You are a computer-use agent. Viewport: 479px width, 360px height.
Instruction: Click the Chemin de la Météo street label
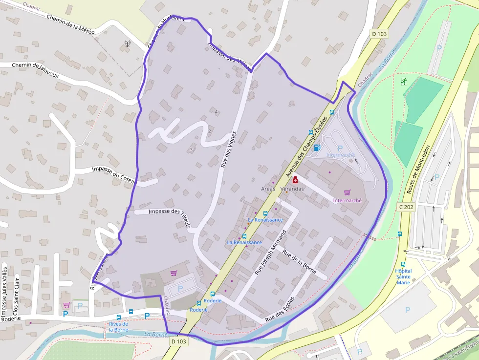pyautogui.click(x=70, y=24)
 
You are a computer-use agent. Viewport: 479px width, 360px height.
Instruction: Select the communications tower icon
pyautogui.click(x=128, y=44)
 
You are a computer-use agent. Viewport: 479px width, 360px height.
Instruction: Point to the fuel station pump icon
pyautogui.click(x=317, y=148)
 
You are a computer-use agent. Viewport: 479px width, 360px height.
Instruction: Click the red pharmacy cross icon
pyautogui.click(x=295, y=181)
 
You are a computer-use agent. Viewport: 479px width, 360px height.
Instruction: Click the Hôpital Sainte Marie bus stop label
pyautogui.click(x=403, y=276)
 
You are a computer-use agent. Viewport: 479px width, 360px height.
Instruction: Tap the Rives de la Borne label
pyautogui.click(x=118, y=326)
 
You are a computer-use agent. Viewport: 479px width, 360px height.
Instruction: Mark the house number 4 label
pyautogui.click(x=216, y=112)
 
